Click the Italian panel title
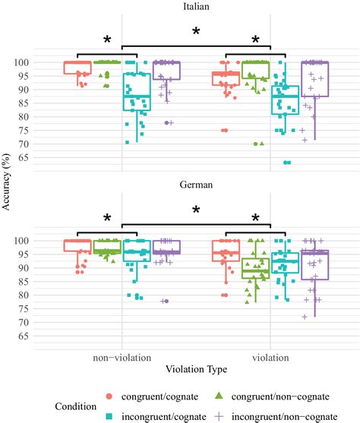tap(196, 7)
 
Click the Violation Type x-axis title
tap(196, 369)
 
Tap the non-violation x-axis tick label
tap(122, 357)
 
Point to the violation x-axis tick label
tap(270, 357)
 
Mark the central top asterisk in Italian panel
tap(196, 32)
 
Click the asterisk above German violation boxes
tap(256, 219)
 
